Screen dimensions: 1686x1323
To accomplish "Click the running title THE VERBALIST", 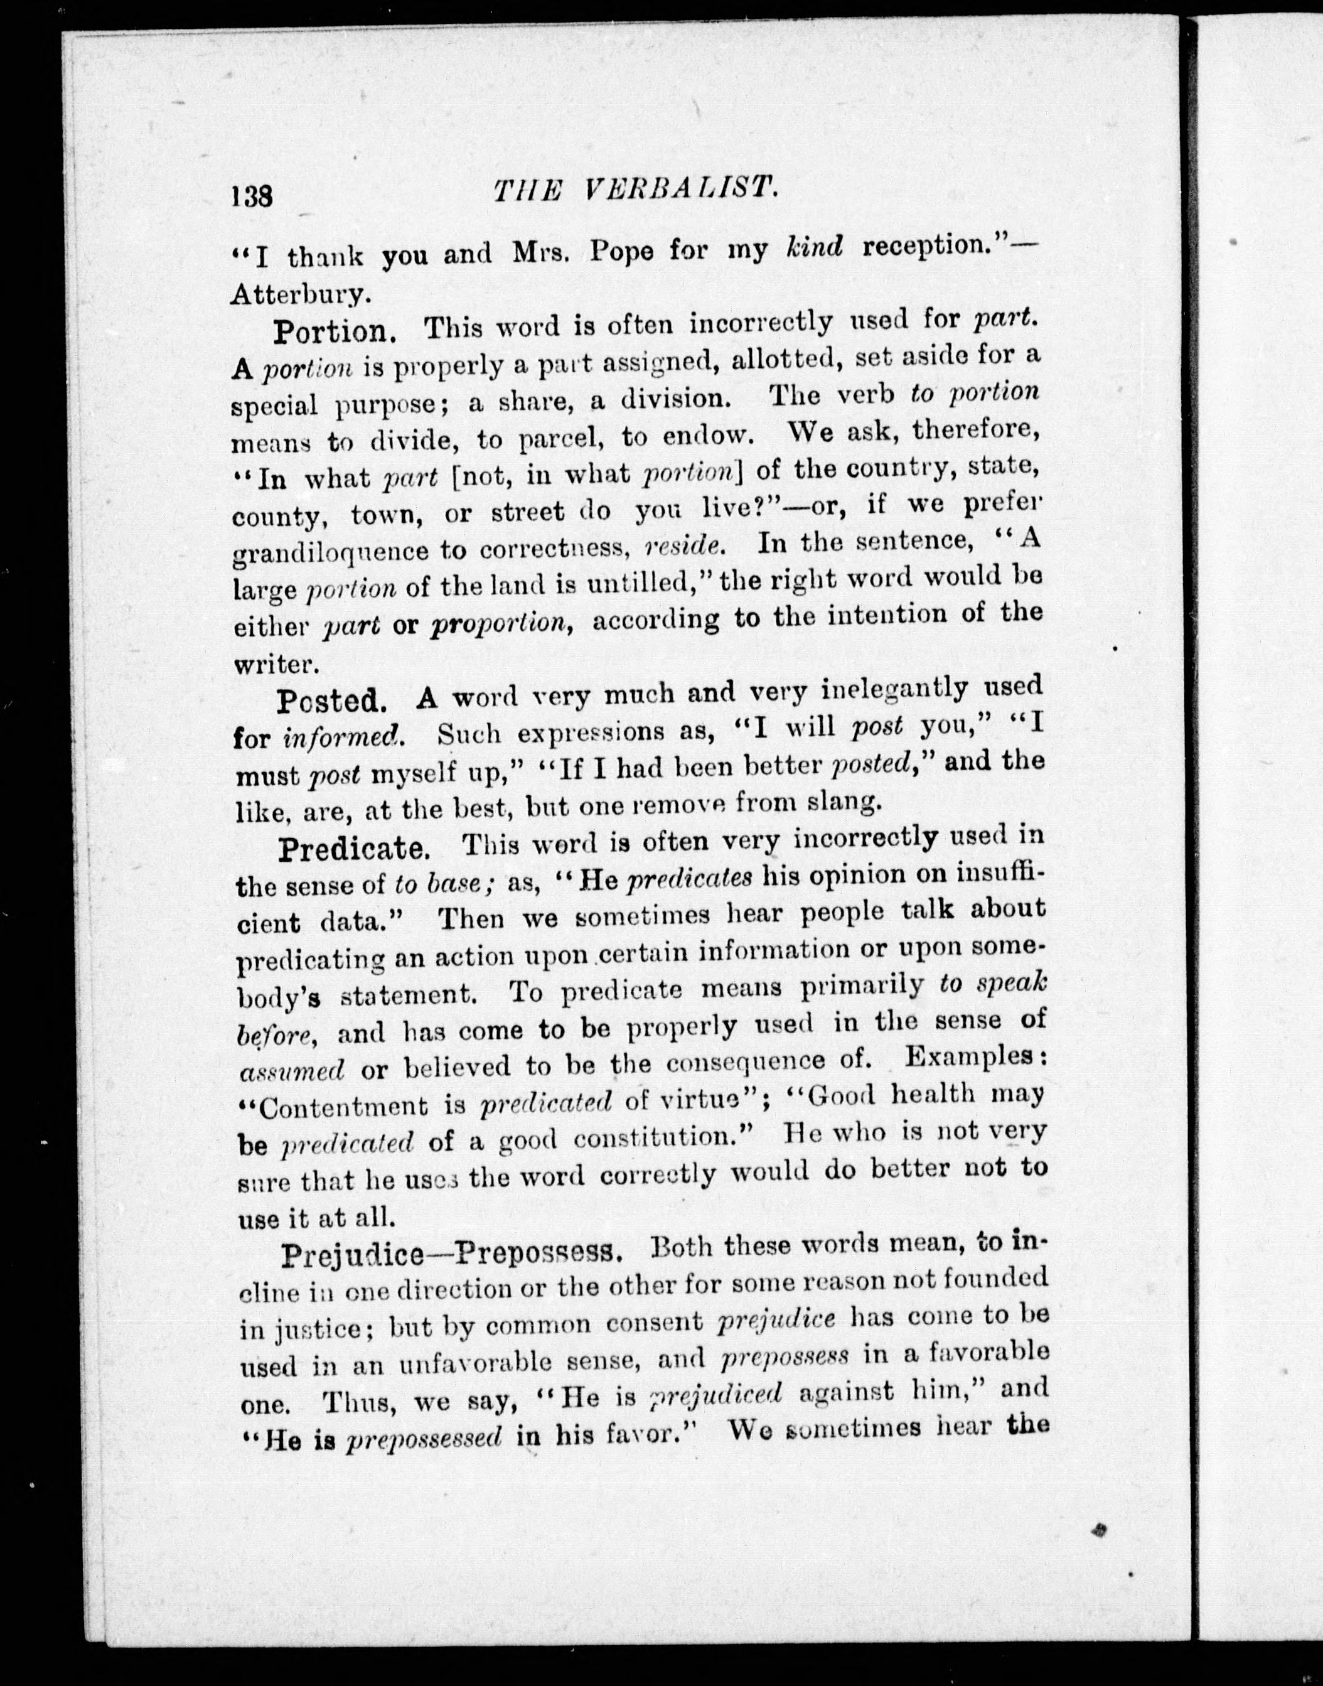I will (x=635, y=189).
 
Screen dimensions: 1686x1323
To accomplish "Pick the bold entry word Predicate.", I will (x=355, y=849).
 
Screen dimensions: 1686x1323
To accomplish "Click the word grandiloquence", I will (x=330, y=552).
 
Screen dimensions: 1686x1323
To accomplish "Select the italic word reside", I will (x=685, y=545).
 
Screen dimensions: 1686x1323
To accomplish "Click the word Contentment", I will (x=343, y=1107).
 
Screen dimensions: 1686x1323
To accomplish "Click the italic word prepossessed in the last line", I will (x=424, y=1439).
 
